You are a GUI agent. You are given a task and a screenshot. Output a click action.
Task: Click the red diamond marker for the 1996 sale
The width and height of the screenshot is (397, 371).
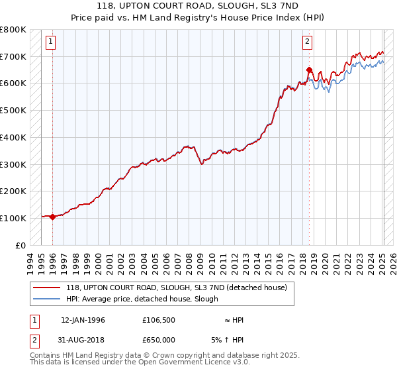coord(52,216)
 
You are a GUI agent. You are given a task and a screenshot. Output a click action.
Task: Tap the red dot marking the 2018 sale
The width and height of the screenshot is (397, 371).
coord(309,70)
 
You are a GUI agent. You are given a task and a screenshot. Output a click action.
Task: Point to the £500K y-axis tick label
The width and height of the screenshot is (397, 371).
coord(13,110)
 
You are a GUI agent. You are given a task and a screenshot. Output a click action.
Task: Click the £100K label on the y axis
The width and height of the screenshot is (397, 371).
coord(13,218)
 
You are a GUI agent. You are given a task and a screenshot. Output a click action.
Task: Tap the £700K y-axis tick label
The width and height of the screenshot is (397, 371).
coord(13,56)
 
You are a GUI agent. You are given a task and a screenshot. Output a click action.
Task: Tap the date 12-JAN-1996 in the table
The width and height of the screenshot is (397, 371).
coord(83,320)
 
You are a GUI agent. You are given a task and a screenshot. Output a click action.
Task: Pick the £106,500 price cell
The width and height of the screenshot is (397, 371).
coord(159,320)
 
